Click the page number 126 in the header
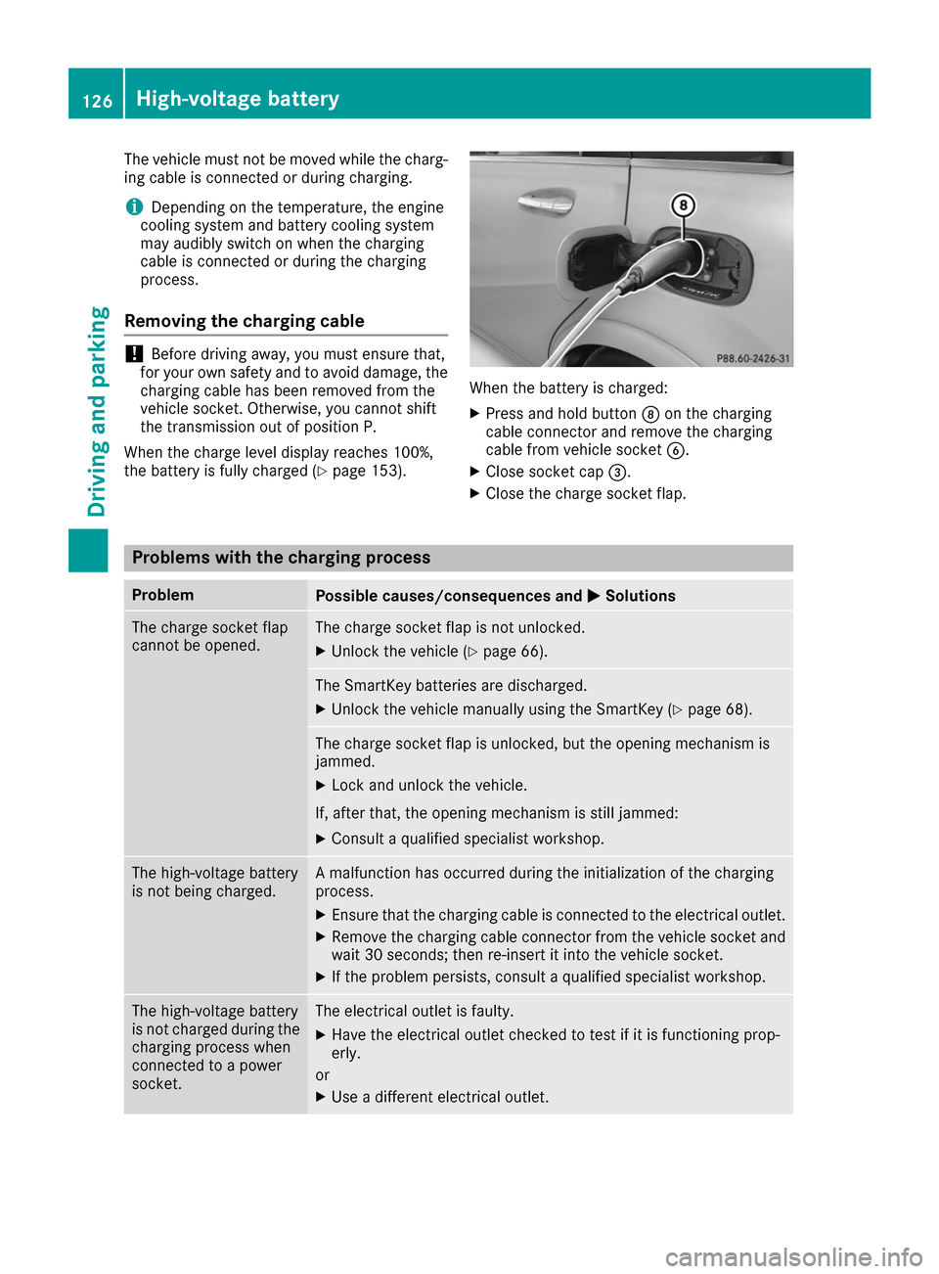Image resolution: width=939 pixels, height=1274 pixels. [97, 101]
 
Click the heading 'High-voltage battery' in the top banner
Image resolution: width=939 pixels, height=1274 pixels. [238, 99]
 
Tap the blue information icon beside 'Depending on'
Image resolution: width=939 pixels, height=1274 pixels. [133, 206]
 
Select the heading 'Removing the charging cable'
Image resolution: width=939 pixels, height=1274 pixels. [245, 321]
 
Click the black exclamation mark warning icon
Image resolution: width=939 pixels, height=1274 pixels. [134, 354]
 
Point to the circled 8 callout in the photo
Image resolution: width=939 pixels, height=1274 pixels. [683, 205]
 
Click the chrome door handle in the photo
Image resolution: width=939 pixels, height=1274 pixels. [546, 202]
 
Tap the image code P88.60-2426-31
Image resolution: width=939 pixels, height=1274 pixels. [752, 358]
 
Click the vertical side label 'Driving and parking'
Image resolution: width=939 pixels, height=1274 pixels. [98, 411]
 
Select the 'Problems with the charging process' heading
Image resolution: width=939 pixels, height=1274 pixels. [282, 558]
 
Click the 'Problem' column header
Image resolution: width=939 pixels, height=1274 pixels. [162, 595]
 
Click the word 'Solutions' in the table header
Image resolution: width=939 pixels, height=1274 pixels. [640, 596]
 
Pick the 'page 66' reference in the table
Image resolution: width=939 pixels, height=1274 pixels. [512, 652]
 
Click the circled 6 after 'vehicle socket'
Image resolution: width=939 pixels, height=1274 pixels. [675, 450]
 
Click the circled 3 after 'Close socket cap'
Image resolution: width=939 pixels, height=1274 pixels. [617, 472]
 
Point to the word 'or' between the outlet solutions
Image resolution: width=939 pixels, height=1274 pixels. [323, 1075]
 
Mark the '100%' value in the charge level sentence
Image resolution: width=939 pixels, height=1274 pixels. [414, 452]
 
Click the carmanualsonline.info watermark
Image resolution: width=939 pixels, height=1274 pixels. [793, 1256]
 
